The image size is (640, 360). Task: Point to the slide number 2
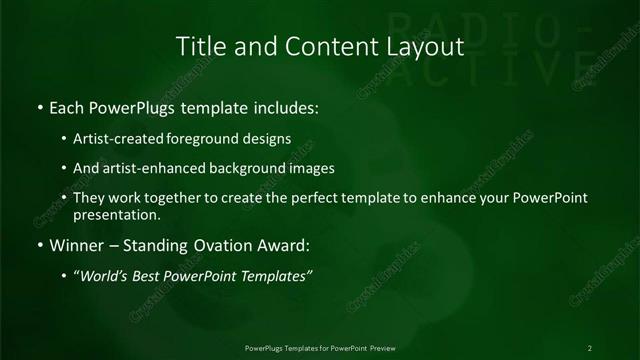tap(590, 347)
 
